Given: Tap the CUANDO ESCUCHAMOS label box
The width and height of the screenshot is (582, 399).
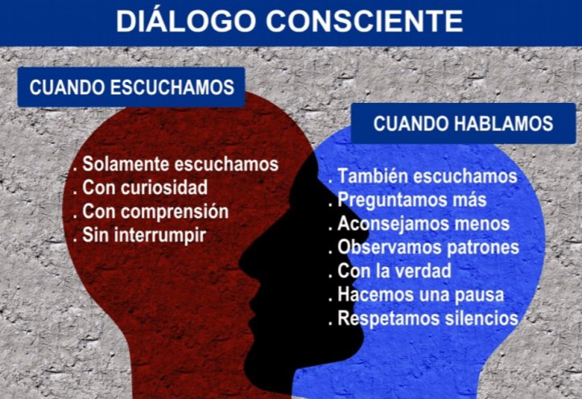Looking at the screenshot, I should pos(131,88).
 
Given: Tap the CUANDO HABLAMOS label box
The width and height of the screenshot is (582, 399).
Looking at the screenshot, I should pos(463,124).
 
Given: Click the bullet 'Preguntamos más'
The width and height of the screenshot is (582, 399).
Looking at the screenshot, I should pos(411,199).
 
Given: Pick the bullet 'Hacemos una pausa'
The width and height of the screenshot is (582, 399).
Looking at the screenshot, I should pos(420,294).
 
